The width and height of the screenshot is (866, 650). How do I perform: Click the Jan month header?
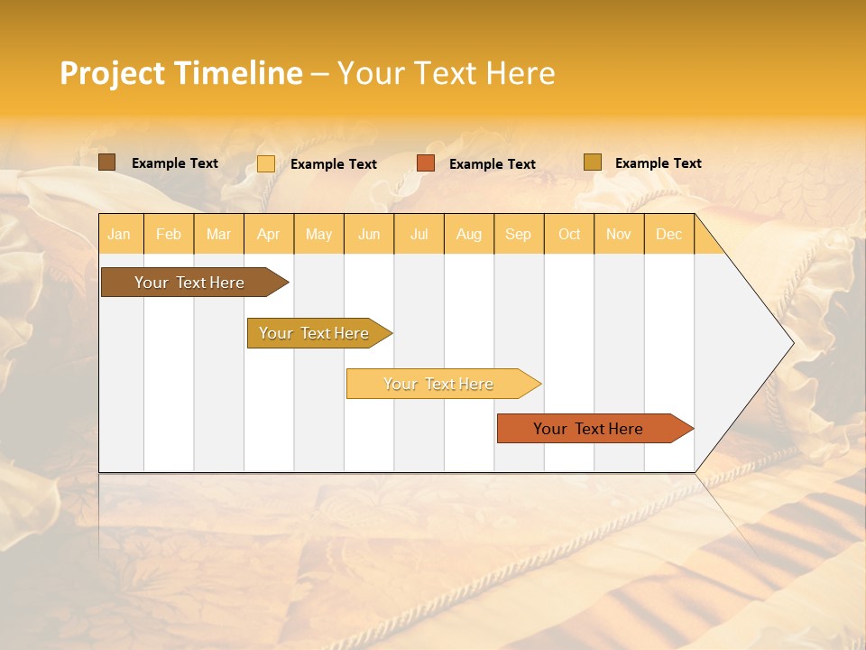pyautogui.click(x=120, y=234)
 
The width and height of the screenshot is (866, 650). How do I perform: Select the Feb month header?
pyautogui.click(x=169, y=234)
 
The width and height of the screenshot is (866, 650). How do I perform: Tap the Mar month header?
pyautogui.click(x=218, y=234)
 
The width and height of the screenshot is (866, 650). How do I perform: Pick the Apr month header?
pyautogui.click(x=269, y=234)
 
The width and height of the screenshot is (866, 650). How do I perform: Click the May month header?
pyautogui.click(x=318, y=234)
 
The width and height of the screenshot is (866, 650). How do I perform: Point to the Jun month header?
pyautogui.click(x=369, y=234)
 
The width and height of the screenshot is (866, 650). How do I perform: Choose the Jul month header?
pyautogui.click(x=419, y=234)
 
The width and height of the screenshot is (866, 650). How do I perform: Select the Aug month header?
pyautogui.click(x=469, y=234)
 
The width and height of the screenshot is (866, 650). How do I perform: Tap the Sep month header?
pyautogui.click(x=519, y=234)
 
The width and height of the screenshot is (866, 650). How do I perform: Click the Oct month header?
pyautogui.click(x=569, y=234)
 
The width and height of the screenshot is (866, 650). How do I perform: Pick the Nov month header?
pyautogui.click(x=619, y=234)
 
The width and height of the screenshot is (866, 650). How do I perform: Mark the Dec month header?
pyautogui.click(x=668, y=234)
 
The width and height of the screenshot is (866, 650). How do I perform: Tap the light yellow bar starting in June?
pyautogui.click(x=439, y=384)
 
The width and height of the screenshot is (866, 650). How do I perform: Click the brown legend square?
pyautogui.click(x=107, y=162)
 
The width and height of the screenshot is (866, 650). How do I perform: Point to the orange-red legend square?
pyautogui.click(x=426, y=163)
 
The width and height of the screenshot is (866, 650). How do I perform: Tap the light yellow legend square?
pyautogui.click(x=266, y=163)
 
